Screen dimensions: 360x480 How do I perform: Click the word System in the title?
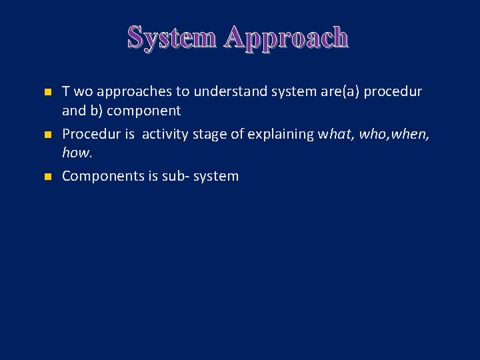172,37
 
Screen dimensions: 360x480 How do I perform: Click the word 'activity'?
164,134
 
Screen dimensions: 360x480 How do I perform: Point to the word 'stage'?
209,134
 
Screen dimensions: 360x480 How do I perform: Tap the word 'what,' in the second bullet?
336,134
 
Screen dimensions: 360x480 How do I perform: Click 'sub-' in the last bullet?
176,177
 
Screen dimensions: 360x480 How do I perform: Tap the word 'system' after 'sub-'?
216,177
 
